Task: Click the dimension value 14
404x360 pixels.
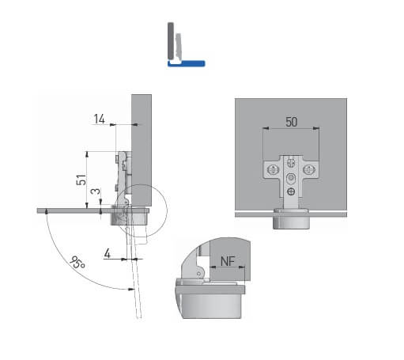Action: [100, 119]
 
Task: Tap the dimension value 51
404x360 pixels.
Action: [81, 180]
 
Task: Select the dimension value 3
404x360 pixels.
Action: [96, 191]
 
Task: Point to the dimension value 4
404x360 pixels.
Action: [108, 253]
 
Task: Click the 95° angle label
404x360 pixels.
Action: [77, 263]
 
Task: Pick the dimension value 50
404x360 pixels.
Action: [291, 122]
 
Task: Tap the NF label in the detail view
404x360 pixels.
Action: [228, 261]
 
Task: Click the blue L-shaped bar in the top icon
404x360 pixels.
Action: [187, 64]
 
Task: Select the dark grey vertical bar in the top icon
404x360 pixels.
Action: [171, 40]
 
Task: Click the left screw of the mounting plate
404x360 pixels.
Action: [273, 169]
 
